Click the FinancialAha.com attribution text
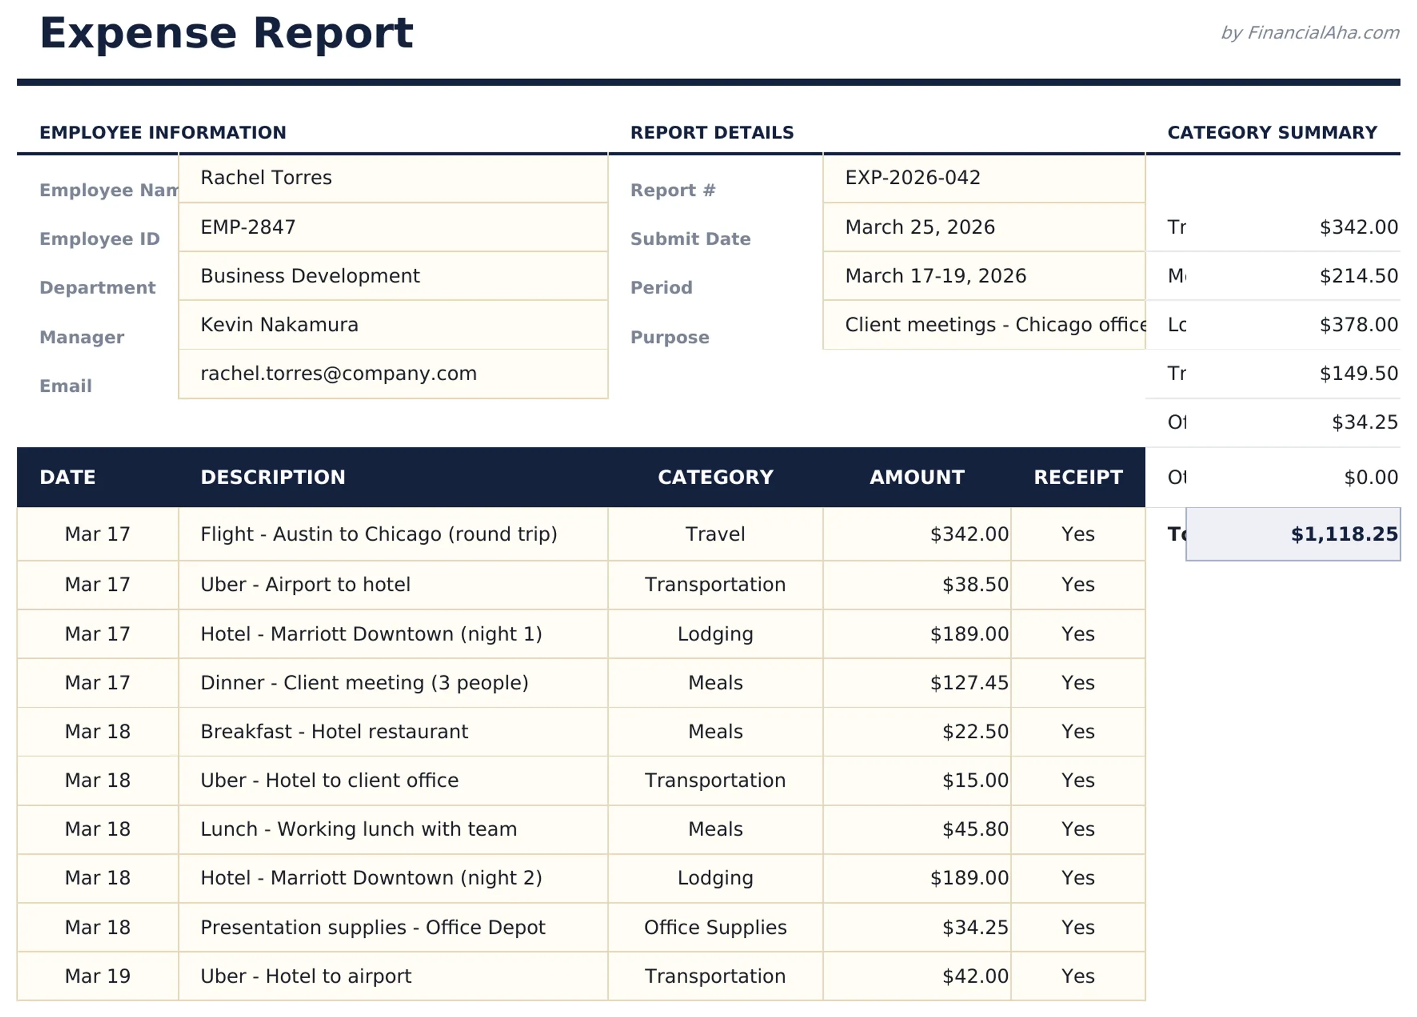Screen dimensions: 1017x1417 pos(1310,32)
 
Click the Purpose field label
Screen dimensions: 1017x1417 pos(670,338)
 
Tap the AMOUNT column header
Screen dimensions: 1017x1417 pos(916,478)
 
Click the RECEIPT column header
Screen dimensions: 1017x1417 pos(1078,478)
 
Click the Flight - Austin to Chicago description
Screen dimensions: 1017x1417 pos(378,534)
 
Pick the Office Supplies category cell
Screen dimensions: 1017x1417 pos(716,927)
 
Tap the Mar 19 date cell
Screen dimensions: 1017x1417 pos(97,976)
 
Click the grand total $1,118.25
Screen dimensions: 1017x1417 pos(1343,534)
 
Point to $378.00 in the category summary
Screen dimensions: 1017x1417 pos(1357,325)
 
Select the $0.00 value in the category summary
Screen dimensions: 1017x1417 pos(1370,478)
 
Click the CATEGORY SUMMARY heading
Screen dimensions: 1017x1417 pos(1272,132)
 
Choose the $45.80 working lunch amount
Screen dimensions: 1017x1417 pos(975,829)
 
